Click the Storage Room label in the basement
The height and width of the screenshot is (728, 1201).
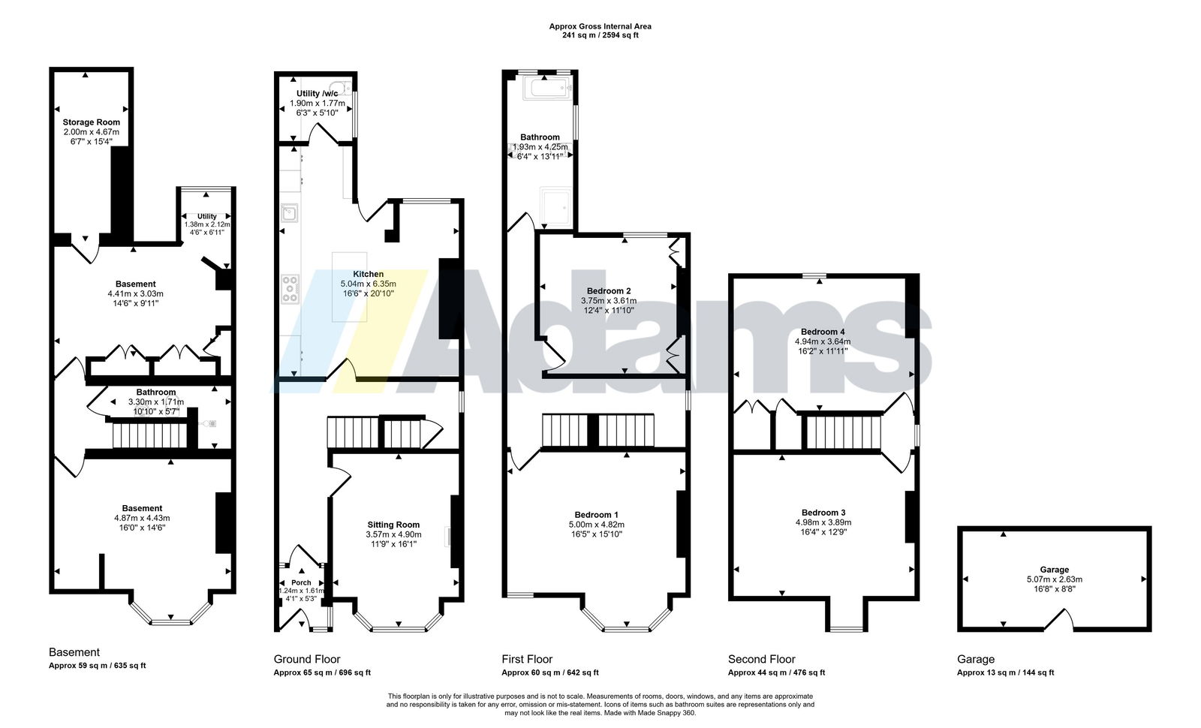tap(91, 122)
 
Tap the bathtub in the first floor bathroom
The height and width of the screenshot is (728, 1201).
tap(547, 89)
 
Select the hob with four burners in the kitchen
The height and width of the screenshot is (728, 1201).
tap(290, 289)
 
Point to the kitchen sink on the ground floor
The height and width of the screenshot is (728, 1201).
tap(289, 213)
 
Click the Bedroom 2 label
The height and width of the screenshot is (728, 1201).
tap(609, 291)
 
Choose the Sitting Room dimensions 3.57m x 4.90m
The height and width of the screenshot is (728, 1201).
tap(393, 534)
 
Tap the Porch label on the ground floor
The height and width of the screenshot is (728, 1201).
tap(301, 582)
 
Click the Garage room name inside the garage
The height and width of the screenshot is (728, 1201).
tap(1054, 570)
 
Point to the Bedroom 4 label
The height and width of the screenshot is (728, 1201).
tap(823, 332)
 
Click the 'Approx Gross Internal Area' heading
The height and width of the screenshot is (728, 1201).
tap(600, 26)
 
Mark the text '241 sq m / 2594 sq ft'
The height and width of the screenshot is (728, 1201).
tap(600, 35)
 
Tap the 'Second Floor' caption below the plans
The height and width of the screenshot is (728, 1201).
tap(761, 660)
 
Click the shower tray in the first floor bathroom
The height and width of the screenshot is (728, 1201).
tap(555, 206)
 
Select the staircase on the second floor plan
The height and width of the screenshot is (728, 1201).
tap(844, 432)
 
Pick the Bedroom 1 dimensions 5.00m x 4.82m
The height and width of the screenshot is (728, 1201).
tap(596, 525)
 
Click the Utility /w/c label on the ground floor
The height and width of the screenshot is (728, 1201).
tap(318, 93)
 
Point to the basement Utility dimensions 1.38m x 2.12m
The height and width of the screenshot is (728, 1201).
tap(207, 224)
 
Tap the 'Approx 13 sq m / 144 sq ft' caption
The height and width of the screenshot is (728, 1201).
tap(1005, 672)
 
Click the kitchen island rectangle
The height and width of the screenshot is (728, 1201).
tap(350, 287)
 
